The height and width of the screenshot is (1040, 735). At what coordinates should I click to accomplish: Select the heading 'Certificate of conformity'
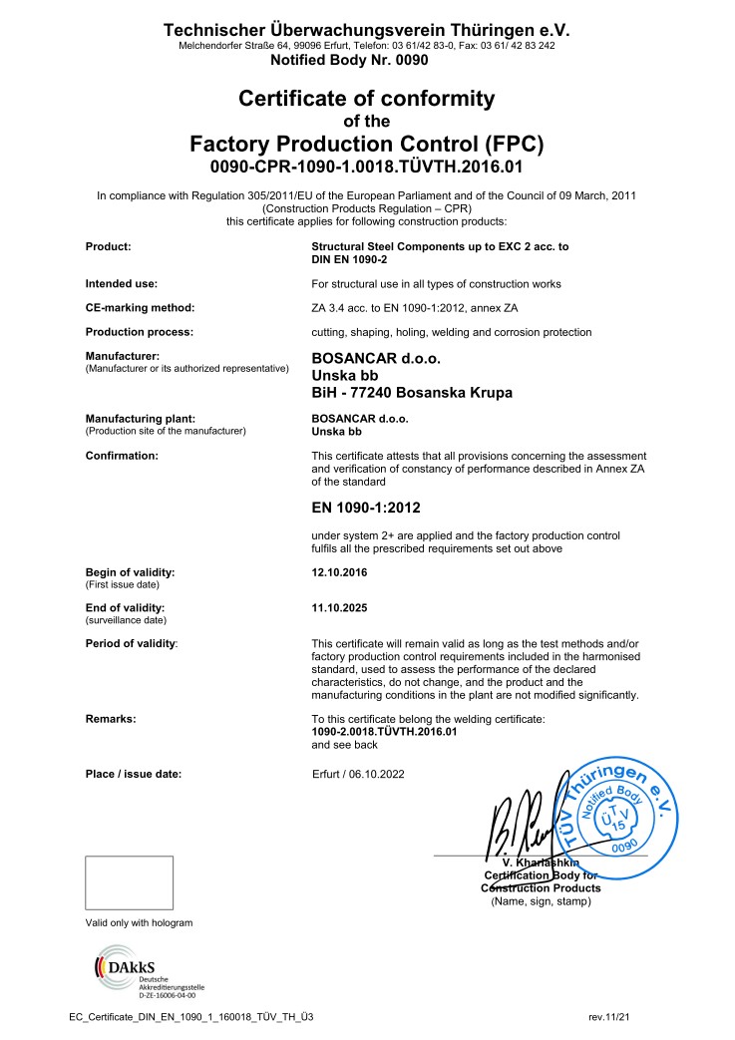tap(366, 99)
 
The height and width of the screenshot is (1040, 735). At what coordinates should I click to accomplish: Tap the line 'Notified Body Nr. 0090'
tap(349, 60)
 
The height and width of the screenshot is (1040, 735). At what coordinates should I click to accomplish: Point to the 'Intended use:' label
tap(121, 283)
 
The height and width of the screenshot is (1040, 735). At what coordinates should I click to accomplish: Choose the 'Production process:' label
tap(139, 331)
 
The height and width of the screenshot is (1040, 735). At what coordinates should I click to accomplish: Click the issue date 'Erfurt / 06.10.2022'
tap(359, 773)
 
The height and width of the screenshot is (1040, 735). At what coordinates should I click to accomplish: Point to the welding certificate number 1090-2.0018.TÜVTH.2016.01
tap(384, 731)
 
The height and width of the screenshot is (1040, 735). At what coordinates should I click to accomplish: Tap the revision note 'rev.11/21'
tap(610, 1016)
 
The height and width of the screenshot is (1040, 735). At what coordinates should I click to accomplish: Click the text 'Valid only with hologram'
tap(139, 923)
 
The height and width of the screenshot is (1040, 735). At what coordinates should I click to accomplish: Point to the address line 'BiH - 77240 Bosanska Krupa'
tap(412, 393)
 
